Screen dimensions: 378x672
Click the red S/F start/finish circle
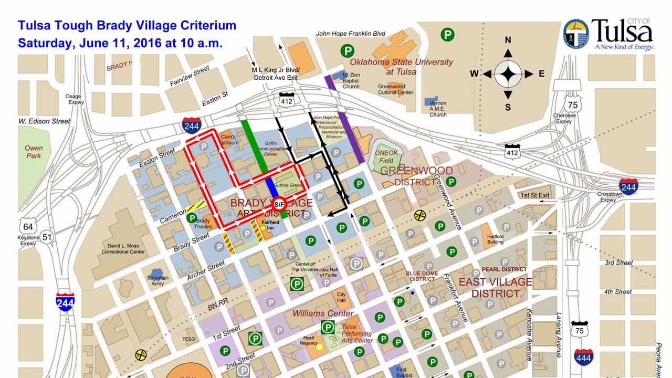(x=279, y=208)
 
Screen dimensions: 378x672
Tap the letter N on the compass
(x=508, y=40)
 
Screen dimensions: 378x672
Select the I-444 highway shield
(x=584, y=357)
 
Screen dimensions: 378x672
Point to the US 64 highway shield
(x=28, y=227)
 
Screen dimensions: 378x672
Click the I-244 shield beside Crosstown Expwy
(x=628, y=186)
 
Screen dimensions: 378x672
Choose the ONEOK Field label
(x=386, y=156)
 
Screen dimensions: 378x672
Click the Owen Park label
(x=34, y=152)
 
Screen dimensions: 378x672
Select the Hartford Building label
(x=495, y=239)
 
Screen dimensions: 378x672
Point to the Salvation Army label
(x=158, y=280)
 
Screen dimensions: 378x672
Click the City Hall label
(x=341, y=298)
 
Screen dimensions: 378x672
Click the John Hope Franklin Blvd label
(x=350, y=34)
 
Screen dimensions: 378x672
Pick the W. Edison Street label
(x=44, y=121)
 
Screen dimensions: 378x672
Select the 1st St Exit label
(x=535, y=195)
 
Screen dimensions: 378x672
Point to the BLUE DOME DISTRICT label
(x=422, y=276)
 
